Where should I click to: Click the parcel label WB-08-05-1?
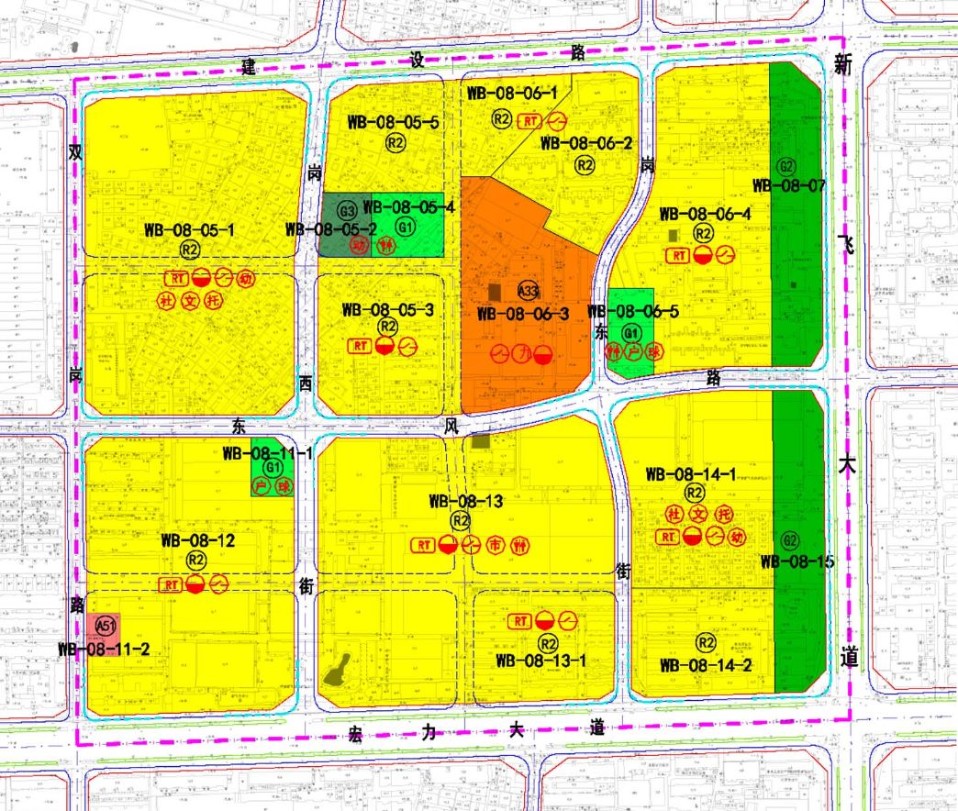point(189,230)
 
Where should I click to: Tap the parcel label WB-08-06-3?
point(524,314)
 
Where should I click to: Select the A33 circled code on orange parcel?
point(528,291)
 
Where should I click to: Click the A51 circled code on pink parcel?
point(106,627)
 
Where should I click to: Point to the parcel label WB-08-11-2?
point(103,649)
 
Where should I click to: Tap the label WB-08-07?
point(788,185)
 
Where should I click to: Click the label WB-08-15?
point(796,561)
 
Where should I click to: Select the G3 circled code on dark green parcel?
point(347,210)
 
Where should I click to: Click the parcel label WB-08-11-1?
point(268,453)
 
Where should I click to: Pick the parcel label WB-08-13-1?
point(540,660)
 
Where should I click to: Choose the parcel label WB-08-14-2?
point(706,665)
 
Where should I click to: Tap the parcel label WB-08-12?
point(198,540)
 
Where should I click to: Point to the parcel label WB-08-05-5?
point(394,122)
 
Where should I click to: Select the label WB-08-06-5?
point(633,312)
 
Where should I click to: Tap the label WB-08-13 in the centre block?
point(465,502)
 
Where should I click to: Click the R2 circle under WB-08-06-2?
point(585,164)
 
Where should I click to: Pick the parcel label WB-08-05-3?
point(387,309)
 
